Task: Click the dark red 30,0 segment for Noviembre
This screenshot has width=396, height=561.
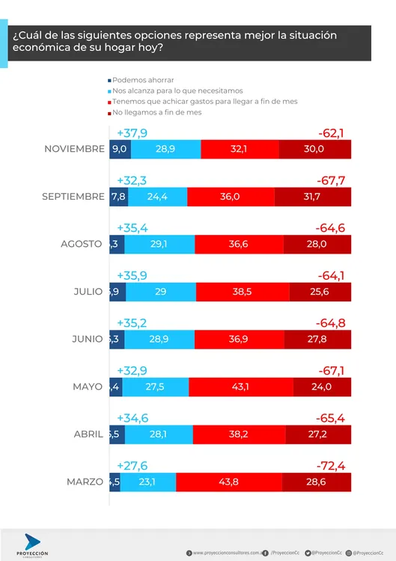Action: tap(314, 150)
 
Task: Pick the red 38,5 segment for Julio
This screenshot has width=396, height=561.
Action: tap(243, 292)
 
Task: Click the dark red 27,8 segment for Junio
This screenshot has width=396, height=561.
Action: tap(320, 339)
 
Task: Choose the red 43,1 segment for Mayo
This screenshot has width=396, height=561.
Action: tap(240, 387)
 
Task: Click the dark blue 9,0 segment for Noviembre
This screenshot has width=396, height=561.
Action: tap(119, 150)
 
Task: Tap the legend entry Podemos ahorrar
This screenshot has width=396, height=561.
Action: tap(142, 79)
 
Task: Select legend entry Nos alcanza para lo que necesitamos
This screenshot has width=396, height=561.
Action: tap(172, 91)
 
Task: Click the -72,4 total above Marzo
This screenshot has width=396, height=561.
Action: tap(331, 465)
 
